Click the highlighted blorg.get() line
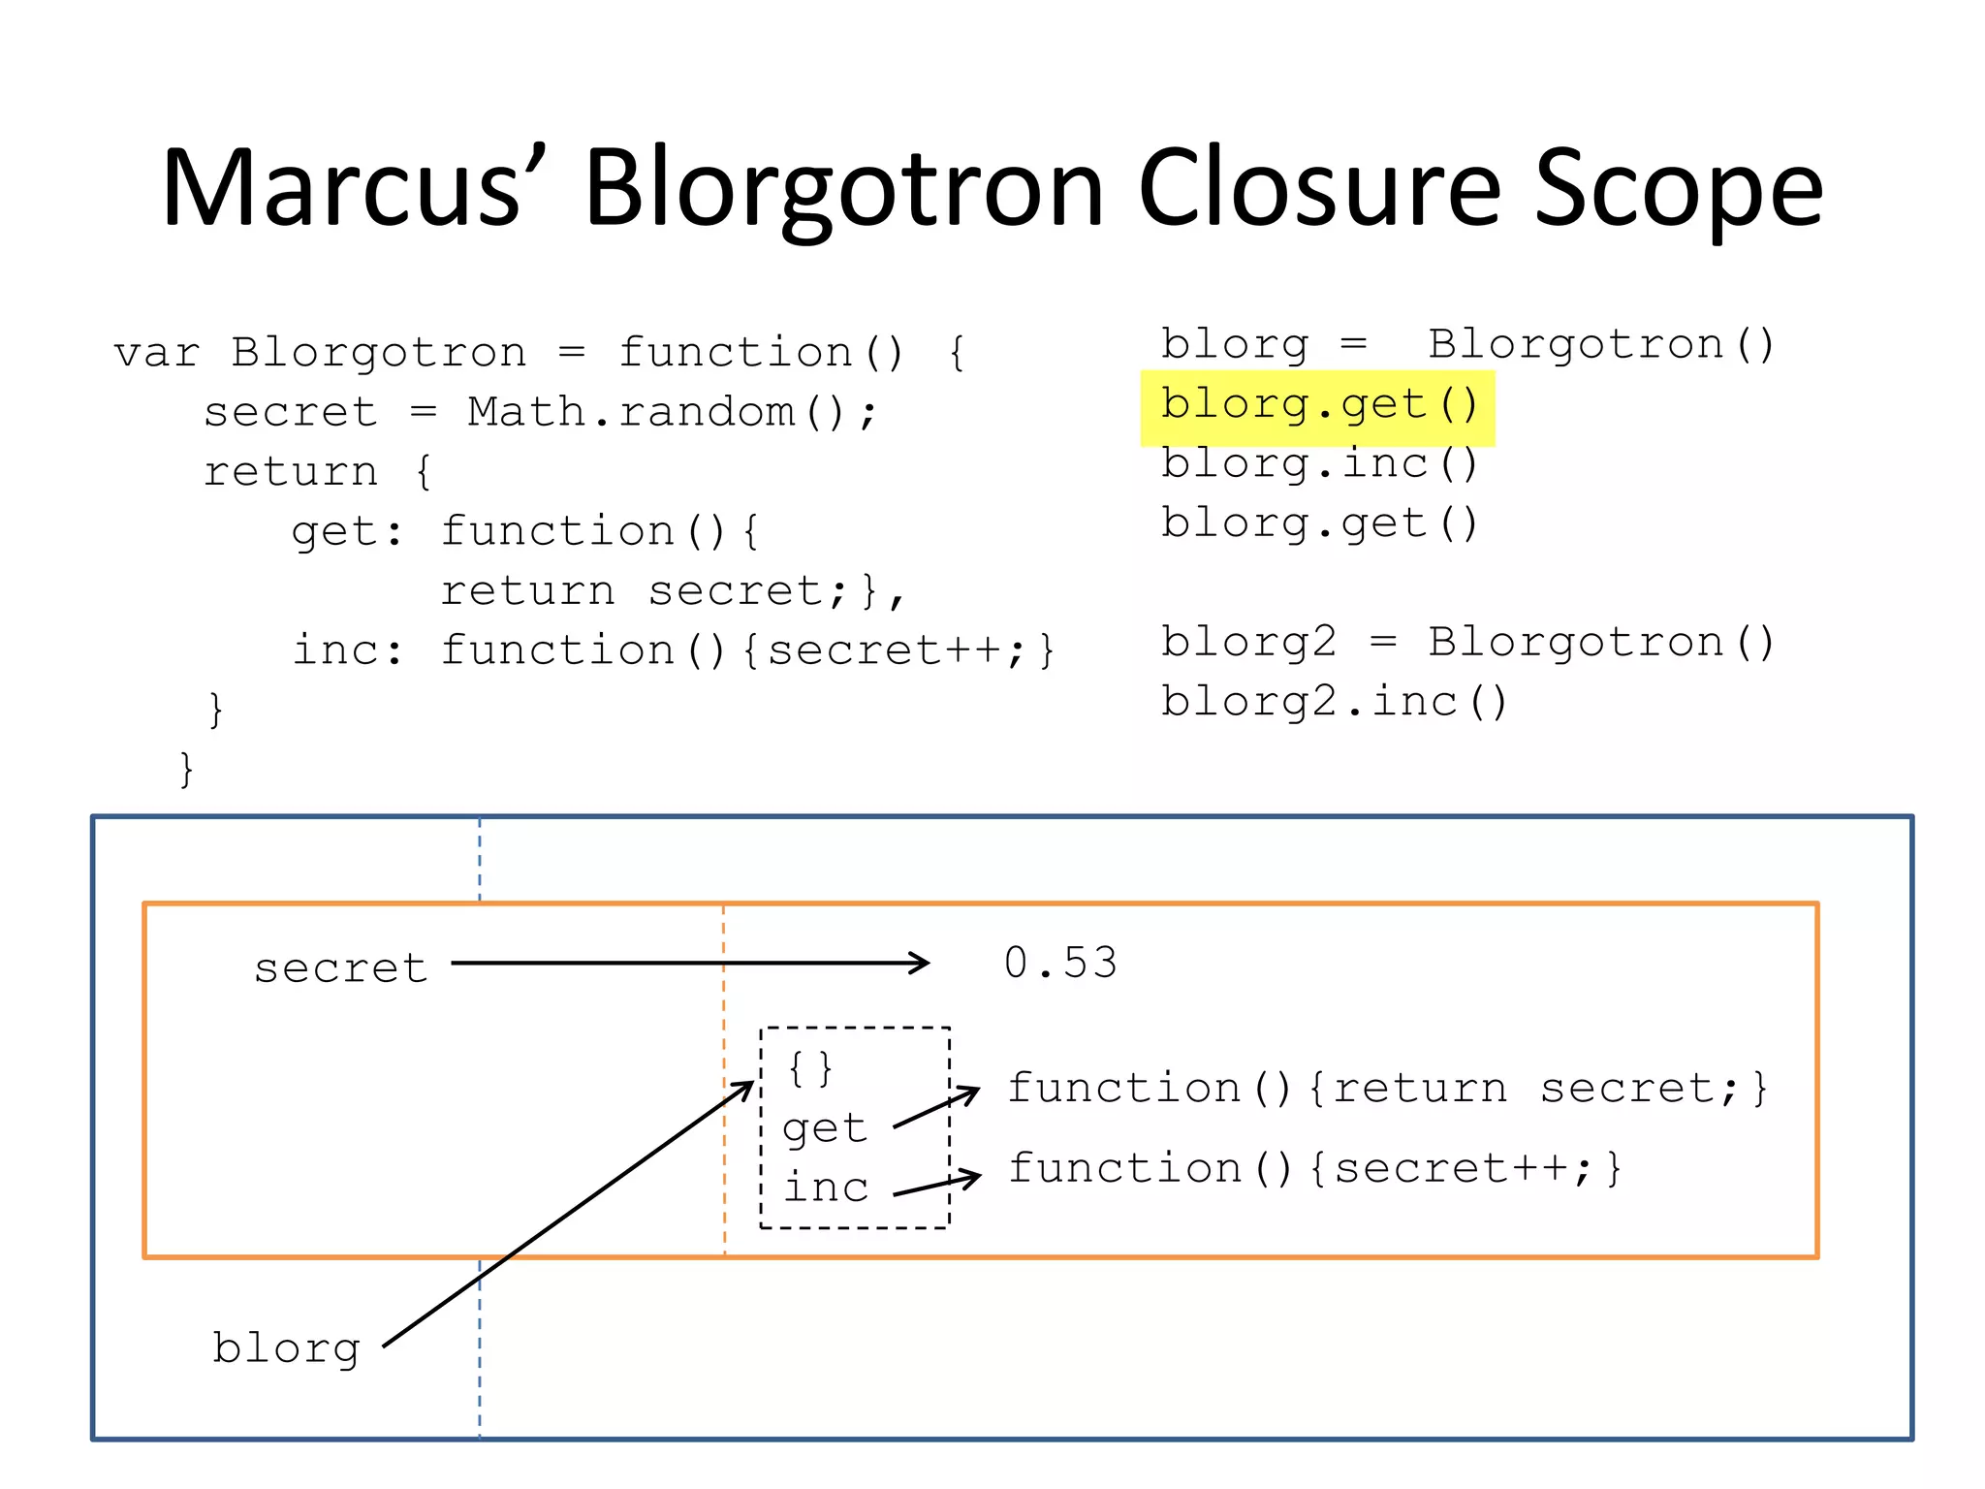1318,406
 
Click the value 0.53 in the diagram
1060,964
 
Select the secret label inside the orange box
340,968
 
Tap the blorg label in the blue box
286,1348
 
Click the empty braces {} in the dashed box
810,1068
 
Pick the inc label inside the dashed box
825,1188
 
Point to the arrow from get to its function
936,1108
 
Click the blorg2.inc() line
1334,702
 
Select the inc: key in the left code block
347,650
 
